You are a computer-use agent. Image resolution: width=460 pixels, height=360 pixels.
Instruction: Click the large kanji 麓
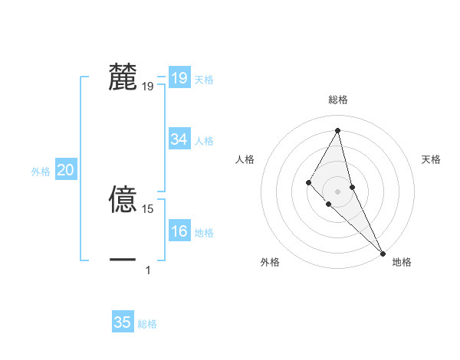tap(123, 78)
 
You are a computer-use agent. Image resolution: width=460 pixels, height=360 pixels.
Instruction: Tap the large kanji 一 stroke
tap(123, 260)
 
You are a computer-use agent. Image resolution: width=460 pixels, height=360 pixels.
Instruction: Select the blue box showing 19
tap(179, 78)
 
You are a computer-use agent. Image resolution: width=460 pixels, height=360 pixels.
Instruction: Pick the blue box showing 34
tap(179, 139)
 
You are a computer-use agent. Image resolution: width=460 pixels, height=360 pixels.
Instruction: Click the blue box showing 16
tap(179, 231)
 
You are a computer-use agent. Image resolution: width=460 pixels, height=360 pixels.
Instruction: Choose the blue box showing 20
tap(66, 170)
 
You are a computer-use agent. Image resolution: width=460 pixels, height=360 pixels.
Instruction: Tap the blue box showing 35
tap(123, 322)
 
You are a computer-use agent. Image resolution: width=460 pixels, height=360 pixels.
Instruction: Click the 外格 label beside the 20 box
tap(41, 172)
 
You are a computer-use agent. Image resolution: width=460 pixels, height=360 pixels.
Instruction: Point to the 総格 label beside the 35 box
tap(147, 324)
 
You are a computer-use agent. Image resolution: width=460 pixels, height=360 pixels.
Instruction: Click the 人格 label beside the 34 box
tap(204, 141)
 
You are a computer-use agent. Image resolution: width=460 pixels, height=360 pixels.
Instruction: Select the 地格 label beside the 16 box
tap(204, 233)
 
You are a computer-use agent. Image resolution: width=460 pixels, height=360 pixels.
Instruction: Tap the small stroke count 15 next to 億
tap(148, 208)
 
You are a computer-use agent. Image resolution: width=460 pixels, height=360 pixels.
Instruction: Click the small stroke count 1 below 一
tap(148, 270)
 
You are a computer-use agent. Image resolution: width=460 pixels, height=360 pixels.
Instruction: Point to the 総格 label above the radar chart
tap(338, 100)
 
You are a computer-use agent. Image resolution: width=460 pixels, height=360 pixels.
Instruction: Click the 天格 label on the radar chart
tap(431, 159)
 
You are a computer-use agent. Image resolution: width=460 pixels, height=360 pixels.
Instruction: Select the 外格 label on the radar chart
tap(270, 262)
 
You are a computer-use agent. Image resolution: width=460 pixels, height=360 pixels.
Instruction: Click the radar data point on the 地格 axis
tap(383, 253)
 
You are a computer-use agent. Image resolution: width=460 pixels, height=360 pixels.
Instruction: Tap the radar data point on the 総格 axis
tap(338, 130)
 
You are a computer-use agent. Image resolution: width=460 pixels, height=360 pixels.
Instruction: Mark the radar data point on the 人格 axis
tap(309, 182)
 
